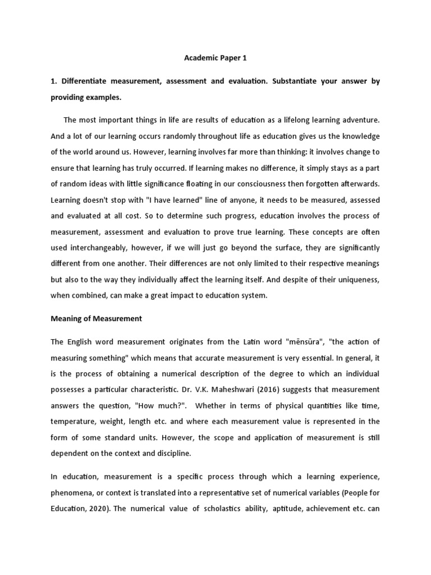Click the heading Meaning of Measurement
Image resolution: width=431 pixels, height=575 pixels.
[96, 318]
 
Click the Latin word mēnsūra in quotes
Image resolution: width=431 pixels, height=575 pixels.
[287, 342]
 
